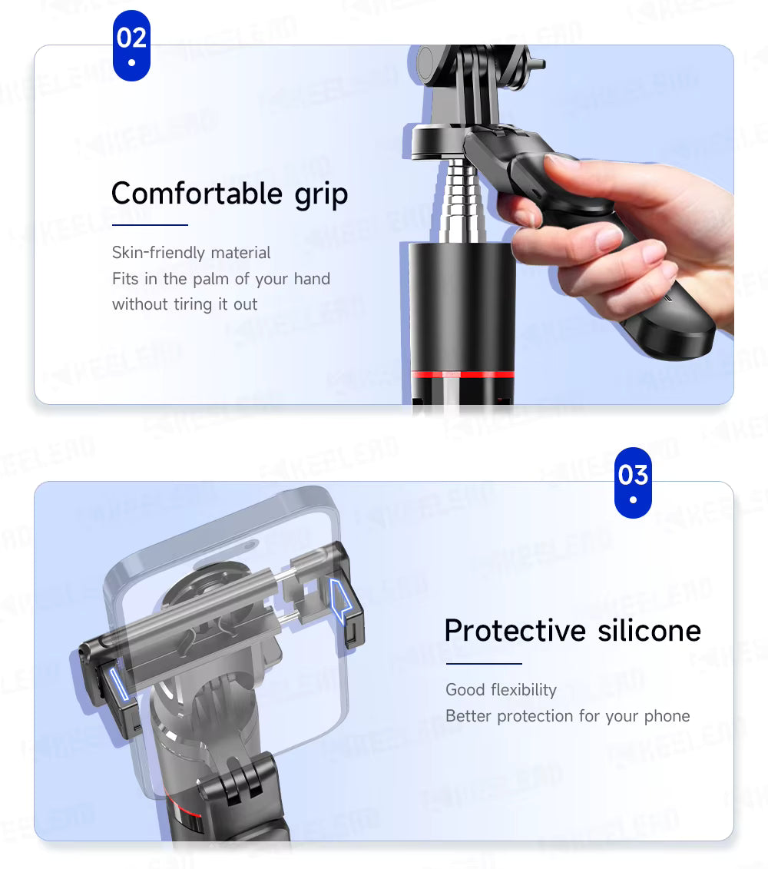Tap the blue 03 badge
pyautogui.click(x=633, y=482)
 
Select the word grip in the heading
pyautogui.click(x=321, y=194)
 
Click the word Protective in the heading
pyautogui.click(x=504, y=630)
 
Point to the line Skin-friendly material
pyautogui.click(x=191, y=253)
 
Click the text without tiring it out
pyautogui.click(x=185, y=304)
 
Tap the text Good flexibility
pyautogui.click(x=501, y=690)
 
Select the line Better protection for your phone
pyautogui.click(x=568, y=716)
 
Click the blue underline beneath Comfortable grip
pyautogui.click(x=150, y=225)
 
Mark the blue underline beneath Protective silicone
pyautogui.click(x=483, y=663)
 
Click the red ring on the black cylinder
pyautogui.click(x=462, y=374)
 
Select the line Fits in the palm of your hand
pyautogui.click(x=221, y=279)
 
